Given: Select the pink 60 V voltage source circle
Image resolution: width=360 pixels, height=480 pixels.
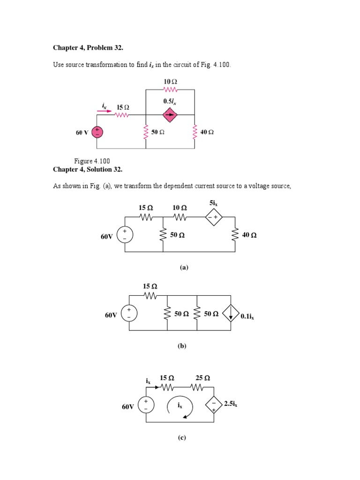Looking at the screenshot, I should click(97, 132).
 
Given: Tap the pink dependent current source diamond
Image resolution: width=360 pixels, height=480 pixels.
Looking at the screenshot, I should click(170, 114).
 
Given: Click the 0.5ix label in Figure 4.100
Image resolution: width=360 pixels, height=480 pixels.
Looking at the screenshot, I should click(170, 101).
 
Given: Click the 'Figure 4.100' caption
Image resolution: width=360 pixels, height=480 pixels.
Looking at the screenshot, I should click(92, 161).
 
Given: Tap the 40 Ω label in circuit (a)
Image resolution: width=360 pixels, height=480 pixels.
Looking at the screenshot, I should click(249, 236).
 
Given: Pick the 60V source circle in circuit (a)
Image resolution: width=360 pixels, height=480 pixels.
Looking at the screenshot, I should click(125, 234).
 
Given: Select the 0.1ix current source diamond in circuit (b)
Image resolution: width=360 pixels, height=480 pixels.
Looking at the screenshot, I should click(231, 314).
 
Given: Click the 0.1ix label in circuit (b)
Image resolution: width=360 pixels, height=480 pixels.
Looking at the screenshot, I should click(247, 316).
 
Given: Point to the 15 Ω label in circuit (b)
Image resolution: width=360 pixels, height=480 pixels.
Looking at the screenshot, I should click(150, 286).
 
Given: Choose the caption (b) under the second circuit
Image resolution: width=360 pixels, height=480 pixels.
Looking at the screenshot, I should click(182, 346).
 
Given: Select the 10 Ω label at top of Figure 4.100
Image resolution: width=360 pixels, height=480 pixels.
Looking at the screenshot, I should click(170, 82).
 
